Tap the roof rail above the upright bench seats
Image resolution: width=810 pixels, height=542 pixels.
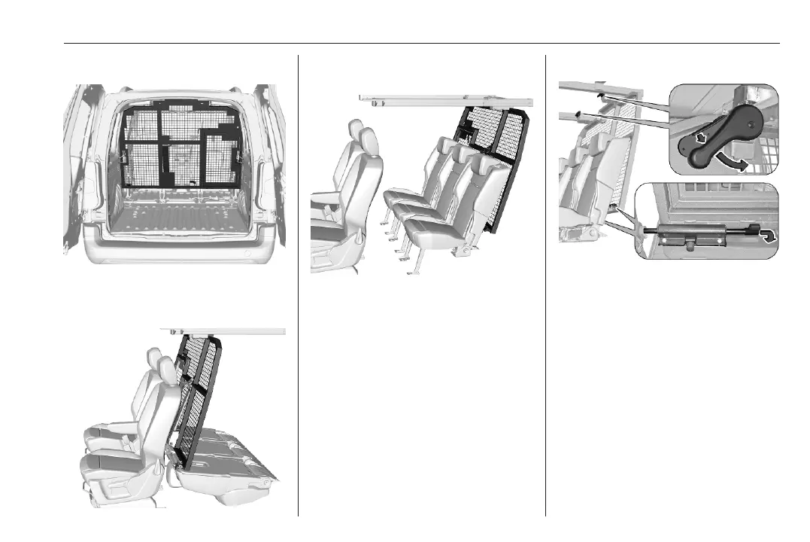click(x=444, y=98)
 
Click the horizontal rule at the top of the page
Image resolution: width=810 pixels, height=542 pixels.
click(x=422, y=44)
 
